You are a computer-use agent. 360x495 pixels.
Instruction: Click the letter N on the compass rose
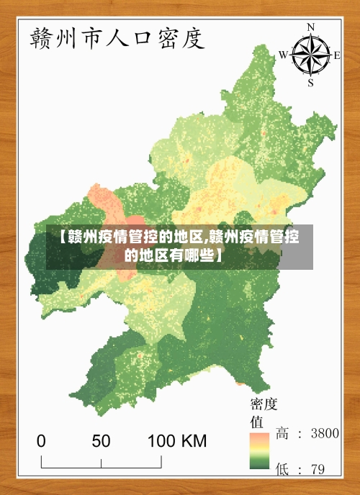tap(311, 27)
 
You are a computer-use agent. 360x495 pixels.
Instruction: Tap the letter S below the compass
tap(311, 82)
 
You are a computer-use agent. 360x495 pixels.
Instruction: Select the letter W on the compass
tap(283, 55)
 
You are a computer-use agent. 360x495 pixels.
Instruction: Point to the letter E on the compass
tap(338, 54)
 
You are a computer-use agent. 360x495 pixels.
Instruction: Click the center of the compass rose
tap(311, 55)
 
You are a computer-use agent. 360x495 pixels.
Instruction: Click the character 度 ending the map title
tap(192, 37)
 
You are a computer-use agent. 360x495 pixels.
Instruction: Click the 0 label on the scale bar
tap(41, 440)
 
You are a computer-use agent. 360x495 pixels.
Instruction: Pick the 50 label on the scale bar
tap(101, 440)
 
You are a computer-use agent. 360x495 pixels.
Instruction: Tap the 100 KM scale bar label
tap(178, 440)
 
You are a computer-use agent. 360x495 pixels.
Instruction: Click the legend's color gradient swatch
tap(259, 450)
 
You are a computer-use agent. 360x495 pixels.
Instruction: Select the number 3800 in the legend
tap(323, 433)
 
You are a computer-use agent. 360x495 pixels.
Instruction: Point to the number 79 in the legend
tap(317, 469)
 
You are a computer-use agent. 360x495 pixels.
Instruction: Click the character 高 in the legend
tap(283, 433)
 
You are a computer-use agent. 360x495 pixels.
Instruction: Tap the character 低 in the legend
tap(283, 469)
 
